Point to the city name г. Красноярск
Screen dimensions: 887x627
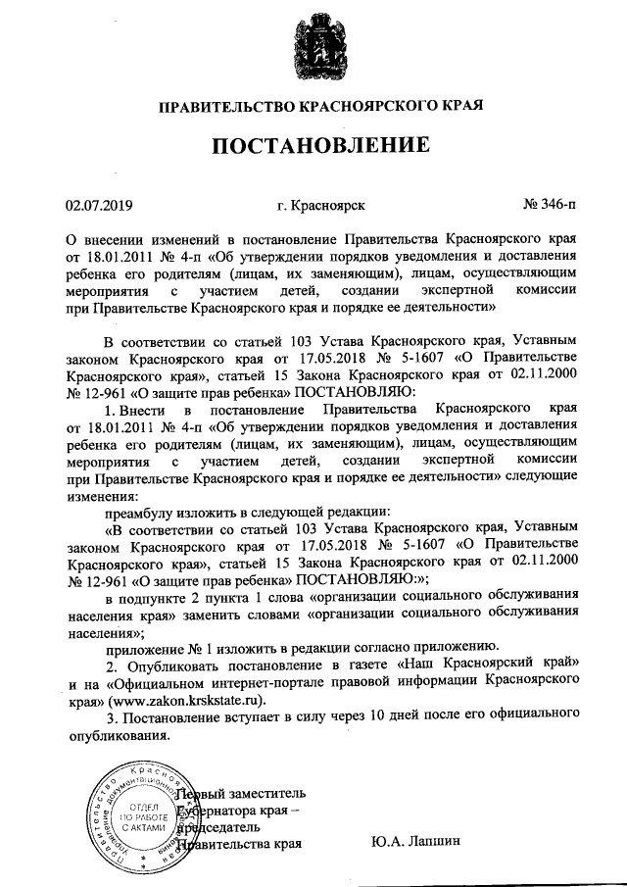(321, 206)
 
